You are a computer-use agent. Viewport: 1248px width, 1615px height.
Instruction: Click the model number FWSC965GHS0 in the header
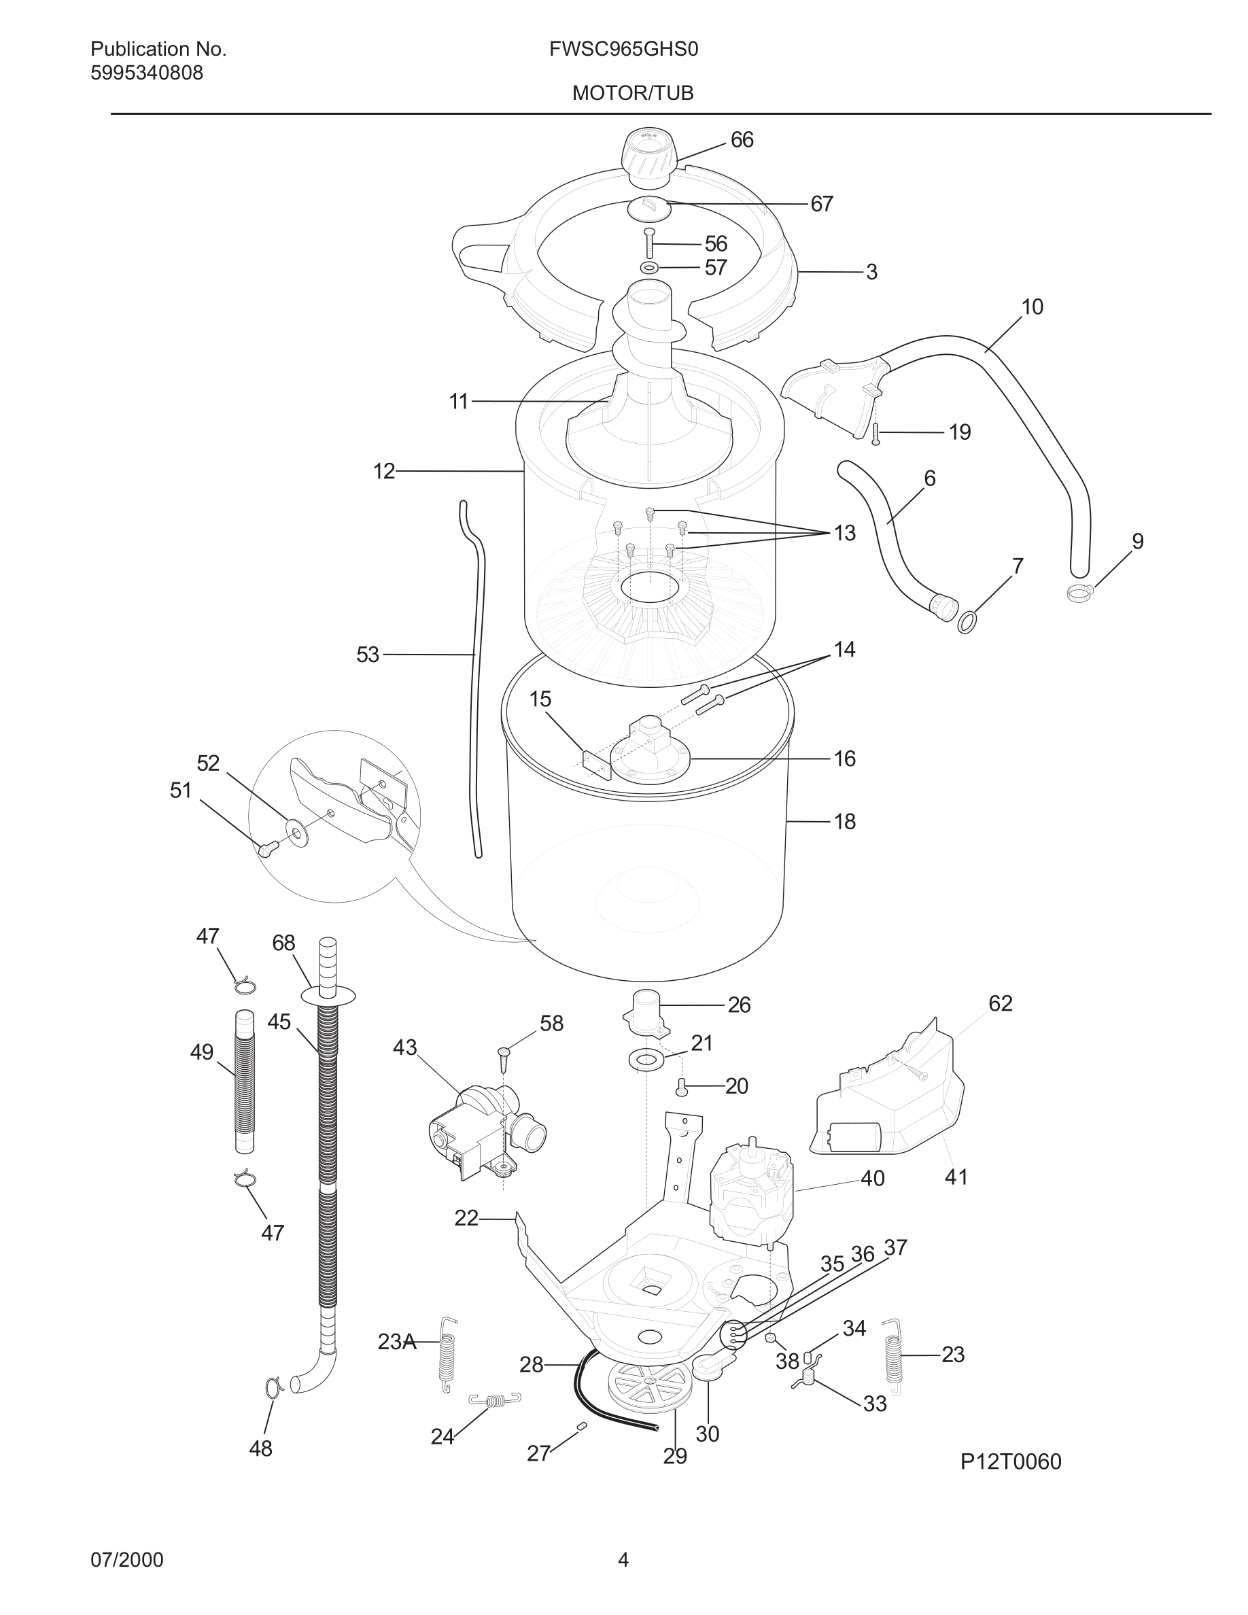click(623, 50)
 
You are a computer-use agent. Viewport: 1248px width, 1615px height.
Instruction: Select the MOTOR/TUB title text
click(633, 93)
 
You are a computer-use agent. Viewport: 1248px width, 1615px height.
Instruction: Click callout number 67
click(821, 204)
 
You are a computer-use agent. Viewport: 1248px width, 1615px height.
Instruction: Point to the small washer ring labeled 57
click(649, 267)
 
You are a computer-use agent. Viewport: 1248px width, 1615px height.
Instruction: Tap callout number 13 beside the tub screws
click(844, 533)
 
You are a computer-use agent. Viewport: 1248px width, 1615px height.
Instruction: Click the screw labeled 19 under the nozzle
click(876, 434)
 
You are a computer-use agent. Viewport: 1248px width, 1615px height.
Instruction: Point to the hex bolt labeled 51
click(268, 848)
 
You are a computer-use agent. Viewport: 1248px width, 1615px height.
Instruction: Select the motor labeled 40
click(750, 1193)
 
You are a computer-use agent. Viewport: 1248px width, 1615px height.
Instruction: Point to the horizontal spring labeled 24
click(496, 1399)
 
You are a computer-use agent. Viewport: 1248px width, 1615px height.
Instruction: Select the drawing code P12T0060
click(1010, 1462)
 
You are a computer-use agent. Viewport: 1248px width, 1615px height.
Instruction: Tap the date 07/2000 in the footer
click(126, 1560)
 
